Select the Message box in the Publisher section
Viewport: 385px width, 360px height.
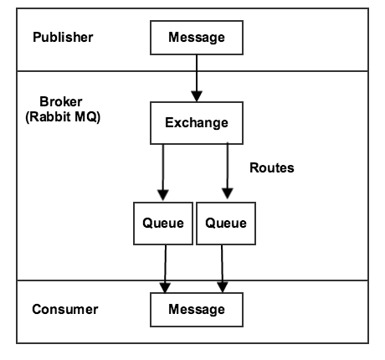(197, 39)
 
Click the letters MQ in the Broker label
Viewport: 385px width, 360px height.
(89, 116)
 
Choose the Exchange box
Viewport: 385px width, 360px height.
(197, 123)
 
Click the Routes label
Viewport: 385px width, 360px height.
(272, 167)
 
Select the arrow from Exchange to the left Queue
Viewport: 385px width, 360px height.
(165, 171)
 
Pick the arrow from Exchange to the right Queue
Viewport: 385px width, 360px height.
(227, 171)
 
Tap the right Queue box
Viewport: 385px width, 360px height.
(225, 223)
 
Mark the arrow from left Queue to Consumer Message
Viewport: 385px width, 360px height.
(166, 267)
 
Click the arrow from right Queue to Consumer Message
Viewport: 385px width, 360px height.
(223, 267)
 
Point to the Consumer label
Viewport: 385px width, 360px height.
(64, 309)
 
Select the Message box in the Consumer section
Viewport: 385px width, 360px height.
(197, 310)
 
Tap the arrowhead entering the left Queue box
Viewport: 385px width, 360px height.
(165, 197)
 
